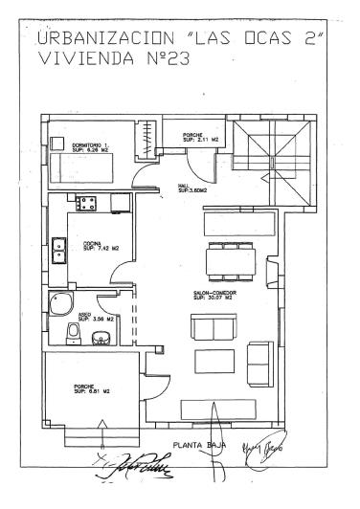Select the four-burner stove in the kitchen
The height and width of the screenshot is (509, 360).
[x=87, y=203]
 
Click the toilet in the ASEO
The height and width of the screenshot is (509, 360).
[x=73, y=332]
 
